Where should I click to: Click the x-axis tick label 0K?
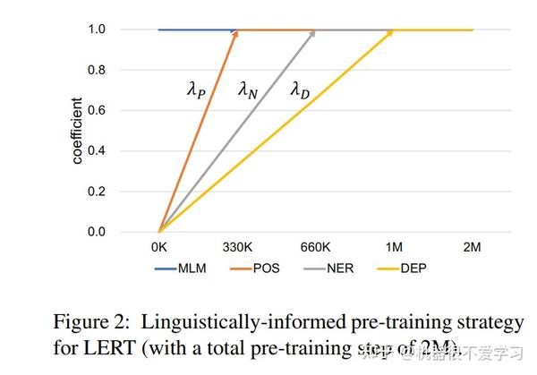(159, 246)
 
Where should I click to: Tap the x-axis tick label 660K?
(316, 246)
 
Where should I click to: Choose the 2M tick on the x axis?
(473, 246)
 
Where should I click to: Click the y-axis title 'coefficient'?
(78, 131)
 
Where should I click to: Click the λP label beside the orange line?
(196, 89)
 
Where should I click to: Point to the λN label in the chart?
(247, 89)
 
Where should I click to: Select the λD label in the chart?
(300, 89)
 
